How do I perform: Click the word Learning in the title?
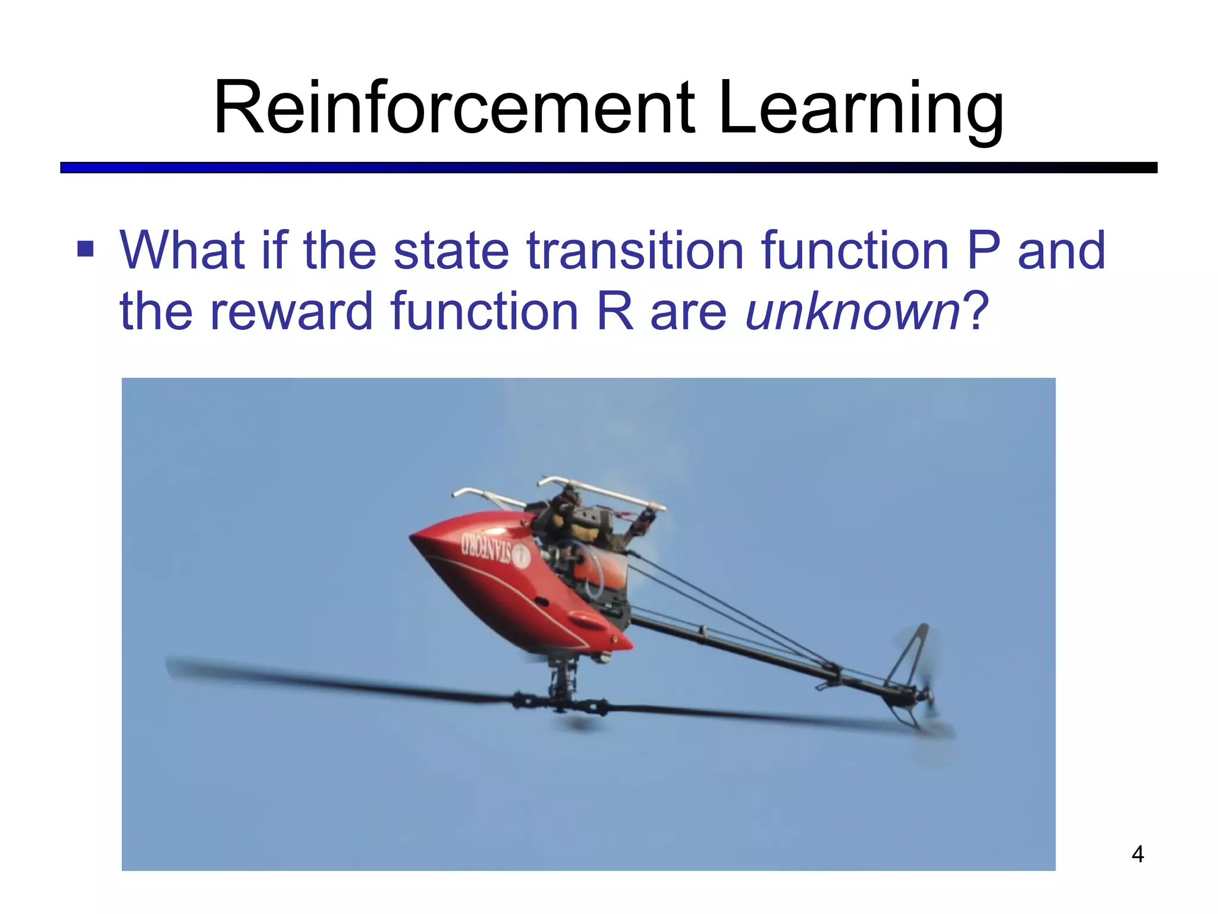pos(861,109)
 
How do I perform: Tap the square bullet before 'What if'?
pos(86,249)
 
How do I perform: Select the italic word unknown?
pos(852,311)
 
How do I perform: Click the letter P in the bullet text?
pos(982,250)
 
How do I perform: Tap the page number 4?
pos(1137,854)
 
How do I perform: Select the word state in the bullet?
pos(451,250)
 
